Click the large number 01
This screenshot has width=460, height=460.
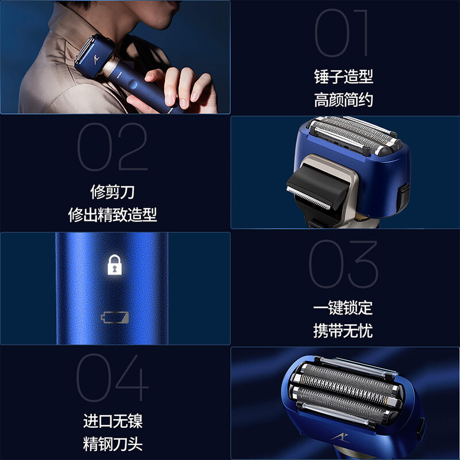(x=341, y=33)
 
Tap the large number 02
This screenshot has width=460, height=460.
(x=112, y=147)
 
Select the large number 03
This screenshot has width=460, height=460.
(x=343, y=264)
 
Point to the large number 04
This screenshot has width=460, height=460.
(x=112, y=378)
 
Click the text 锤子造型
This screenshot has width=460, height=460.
(x=343, y=77)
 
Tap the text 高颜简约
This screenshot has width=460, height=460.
(x=343, y=99)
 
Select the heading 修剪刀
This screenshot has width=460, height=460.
(x=112, y=192)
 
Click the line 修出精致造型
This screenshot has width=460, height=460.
(x=112, y=214)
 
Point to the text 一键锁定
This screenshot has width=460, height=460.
(x=343, y=308)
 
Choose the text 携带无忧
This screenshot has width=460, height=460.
(x=343, y=331)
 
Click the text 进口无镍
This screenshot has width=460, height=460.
(x=113, y=421)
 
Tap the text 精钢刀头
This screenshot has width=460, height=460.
(x=113, y=444)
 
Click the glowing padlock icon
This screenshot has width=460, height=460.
(x=114, y=265)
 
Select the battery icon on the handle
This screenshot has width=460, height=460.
(x=114, y=317)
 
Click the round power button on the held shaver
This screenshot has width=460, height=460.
(x=133, y=84)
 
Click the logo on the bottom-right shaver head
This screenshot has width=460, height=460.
(x=340, y=438)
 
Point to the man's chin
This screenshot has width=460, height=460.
(x=160, y=24)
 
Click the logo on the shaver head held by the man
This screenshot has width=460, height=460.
(x=97, y=60)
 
